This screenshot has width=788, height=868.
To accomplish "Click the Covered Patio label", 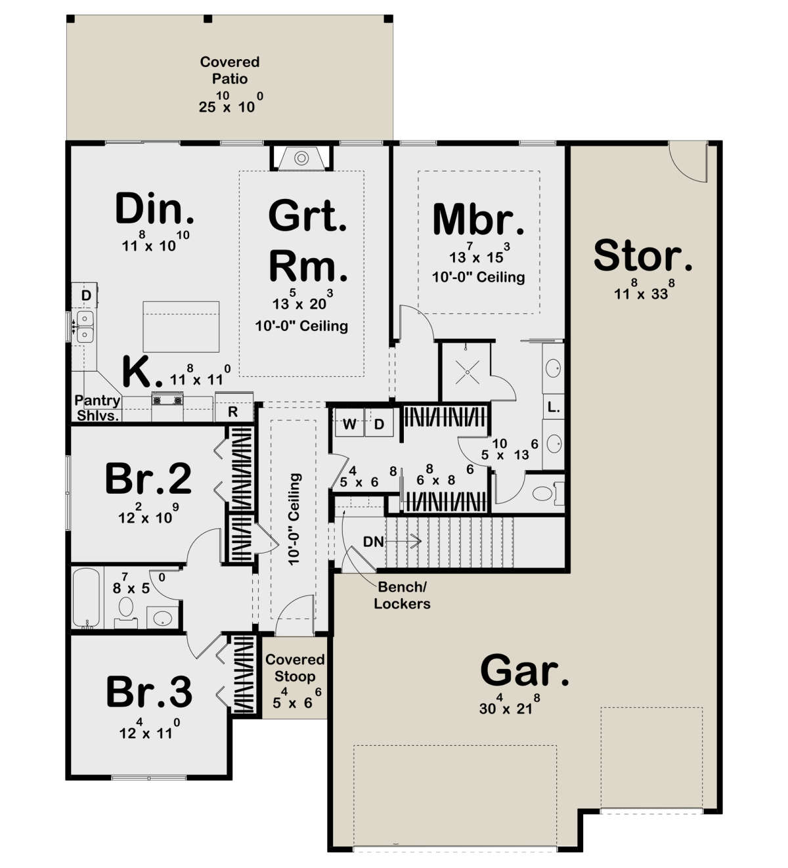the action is coord(229,70).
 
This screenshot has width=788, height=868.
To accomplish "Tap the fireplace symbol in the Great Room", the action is coord(301,158).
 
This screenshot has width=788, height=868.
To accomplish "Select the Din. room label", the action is coord(154,209).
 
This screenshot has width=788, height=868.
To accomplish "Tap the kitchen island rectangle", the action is coord(181,327).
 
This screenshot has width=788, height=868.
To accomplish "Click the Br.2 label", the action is coord(148,479).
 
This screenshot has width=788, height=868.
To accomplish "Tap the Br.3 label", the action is coord(149,691).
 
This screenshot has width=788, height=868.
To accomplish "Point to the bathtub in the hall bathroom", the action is coord(87,597).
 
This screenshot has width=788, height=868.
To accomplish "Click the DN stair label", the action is coord(373,541).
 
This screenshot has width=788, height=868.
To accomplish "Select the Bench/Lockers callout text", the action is coord(403,595).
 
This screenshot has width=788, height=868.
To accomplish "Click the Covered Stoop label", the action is coord(295,668).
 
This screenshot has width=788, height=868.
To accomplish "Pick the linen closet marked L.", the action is coord(554,406).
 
